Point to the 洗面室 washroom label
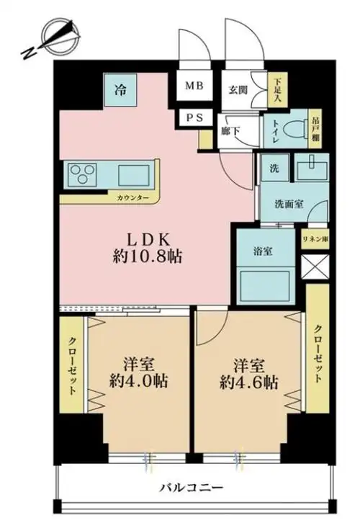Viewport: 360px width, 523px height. tap(287, 205)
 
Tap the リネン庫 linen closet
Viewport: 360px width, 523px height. tap(315, 238)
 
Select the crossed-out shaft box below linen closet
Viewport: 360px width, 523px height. tap(315, 267)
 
